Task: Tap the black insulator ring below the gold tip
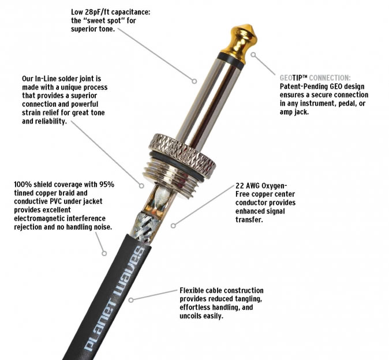pyautogui.click(x=231, y=61)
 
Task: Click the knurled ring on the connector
pyautogui.click(x=182, y=155)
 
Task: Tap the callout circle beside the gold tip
pyautogui.click(x=253, y=55)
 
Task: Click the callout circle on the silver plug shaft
pyautogui.click(x=194, y=81)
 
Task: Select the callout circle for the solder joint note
pyautogui.click(x=141, y=185)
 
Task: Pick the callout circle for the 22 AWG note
pyautogui.click(x=173, y=226)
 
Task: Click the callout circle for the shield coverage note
pyautogui.click(x=104, y=253)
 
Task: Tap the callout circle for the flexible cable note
pyautogui.click(x=131, y=300)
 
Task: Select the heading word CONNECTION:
pyautogui.click(x=330, y=78)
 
